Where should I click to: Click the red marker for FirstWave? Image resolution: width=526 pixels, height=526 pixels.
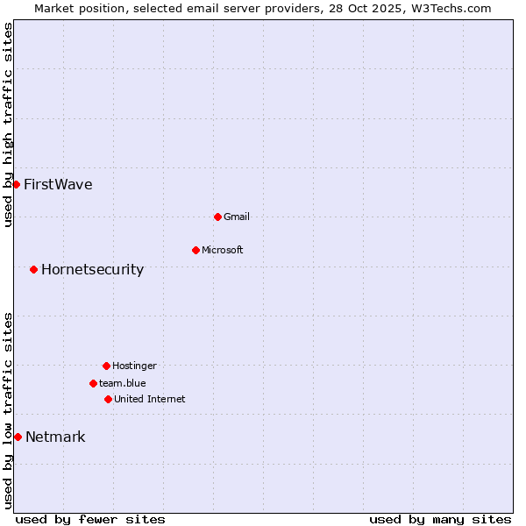click(16, 184)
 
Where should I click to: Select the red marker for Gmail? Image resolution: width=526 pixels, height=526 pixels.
click(217, 217)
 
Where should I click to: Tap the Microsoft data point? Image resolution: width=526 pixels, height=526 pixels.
click(195, 250)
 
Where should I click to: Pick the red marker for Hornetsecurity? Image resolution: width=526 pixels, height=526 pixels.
click(33, 269)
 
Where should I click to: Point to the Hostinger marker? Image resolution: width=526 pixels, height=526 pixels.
click(106, 366)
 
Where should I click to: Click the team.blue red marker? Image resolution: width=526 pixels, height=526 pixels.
click(93, 383)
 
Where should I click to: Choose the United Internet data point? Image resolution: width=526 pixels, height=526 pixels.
click(108, 399)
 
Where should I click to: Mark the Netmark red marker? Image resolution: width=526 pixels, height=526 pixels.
click(18, 437)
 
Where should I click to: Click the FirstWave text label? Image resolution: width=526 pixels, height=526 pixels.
click(58, 184)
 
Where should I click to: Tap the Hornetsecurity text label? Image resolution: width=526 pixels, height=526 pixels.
click(92, 269)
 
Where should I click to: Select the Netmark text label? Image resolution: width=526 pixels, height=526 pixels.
click(55, 437)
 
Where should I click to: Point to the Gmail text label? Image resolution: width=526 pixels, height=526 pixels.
click(237, 217)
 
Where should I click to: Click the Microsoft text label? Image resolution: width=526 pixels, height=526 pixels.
click(223, 250)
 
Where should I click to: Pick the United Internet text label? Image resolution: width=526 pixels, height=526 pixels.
click(150, 399)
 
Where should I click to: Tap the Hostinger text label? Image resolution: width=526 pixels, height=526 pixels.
click(134, 366)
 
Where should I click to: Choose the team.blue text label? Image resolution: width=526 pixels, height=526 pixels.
click(123, 383)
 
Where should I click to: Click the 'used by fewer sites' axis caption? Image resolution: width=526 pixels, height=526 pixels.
click(90, 519)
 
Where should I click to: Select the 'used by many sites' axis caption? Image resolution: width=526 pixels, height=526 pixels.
click(440, 519)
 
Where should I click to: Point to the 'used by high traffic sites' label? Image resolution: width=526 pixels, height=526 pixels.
click(9, 125)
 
